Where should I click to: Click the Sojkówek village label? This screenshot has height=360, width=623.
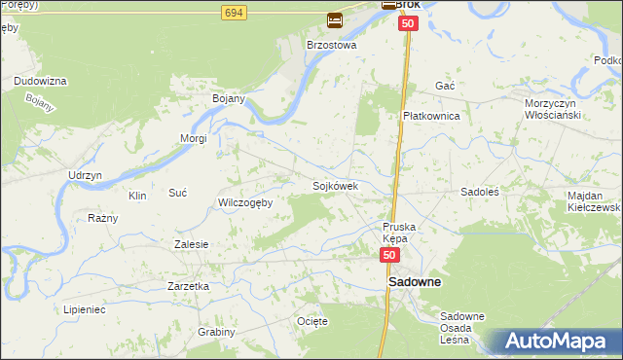336,186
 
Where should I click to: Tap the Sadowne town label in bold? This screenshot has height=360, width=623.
415,282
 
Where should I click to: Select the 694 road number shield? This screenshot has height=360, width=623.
233,12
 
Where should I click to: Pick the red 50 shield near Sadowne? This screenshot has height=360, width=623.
389,255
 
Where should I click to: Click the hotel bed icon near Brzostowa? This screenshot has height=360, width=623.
335,18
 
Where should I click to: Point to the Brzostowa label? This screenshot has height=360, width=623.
332,45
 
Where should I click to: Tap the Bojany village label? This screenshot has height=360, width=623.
228,98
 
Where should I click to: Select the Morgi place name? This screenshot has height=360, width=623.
194,138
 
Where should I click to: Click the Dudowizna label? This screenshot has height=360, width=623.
40,81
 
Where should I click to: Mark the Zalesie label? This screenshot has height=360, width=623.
191,244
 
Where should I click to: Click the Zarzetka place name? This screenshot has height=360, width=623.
189,286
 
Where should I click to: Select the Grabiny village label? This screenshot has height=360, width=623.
216,332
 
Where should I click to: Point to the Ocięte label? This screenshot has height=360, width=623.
311,320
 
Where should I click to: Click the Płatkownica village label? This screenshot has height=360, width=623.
431,115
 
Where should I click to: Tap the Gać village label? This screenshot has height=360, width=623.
446,86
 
